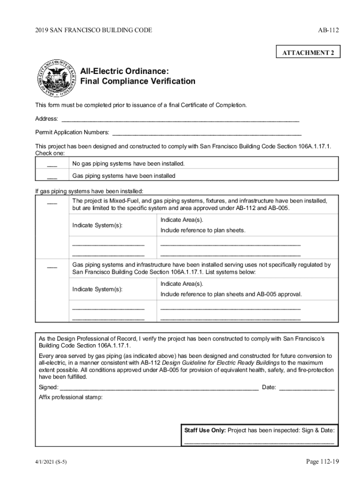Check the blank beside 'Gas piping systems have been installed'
click(52, 177)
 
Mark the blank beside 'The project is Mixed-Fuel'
click(52, 202)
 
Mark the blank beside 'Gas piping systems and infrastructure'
click(52, 266)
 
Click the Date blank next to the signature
click(307, 388)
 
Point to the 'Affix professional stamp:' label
click(70, 398)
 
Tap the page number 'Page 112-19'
click(322, 462)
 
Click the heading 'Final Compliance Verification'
click(138, 81)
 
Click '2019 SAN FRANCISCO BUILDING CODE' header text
click(94, 30)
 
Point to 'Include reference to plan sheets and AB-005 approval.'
click(231, 294)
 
